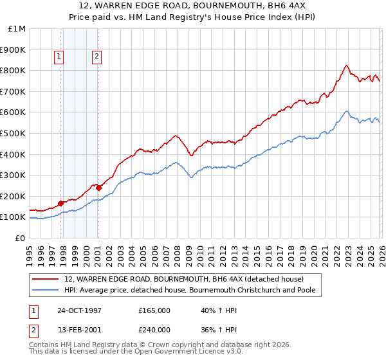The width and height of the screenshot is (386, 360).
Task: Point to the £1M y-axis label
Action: [x=16, y=28]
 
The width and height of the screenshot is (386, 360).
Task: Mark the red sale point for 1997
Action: [x=61, y=203]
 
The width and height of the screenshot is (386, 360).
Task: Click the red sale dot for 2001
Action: [x=98, y=188]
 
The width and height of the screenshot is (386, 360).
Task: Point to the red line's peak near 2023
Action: [x=346, y=65]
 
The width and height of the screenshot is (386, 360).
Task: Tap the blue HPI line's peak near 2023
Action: [x=346, y=111]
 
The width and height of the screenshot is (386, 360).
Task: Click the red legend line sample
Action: [x=45, y=279]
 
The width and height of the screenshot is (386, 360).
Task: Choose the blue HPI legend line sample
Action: [x=45, y=290]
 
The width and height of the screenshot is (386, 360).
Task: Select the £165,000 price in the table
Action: [x=154, y=310]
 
